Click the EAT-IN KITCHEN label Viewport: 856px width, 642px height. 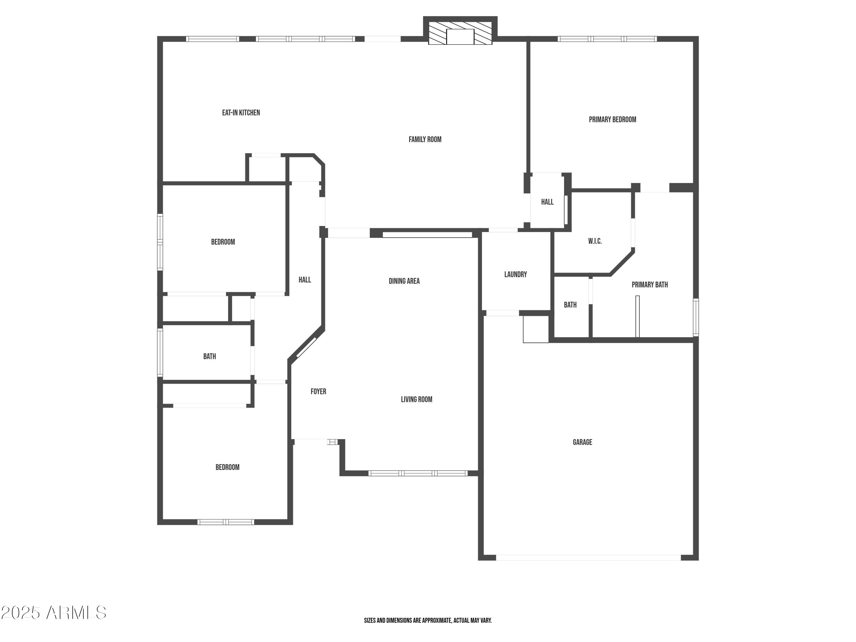pyautogui.click(x=241, y=113)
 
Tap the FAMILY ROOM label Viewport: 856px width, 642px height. pyautogui.click(x=425, y=139)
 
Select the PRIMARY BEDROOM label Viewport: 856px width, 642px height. pyautogui.click(x=612, y=120)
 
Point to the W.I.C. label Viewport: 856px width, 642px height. pyautogui.click(x=595, y=241)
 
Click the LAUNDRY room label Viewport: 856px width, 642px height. pyautogui.click(x=516, y=274)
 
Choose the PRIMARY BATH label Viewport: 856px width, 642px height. pyautogui.click(x=649, y=285)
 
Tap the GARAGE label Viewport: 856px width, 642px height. pyautogui.click(x=582, y=442)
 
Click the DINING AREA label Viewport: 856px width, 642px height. pyautogui.click(x=404, y=281)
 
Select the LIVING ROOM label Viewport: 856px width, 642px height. pyautogui.click(x=416, y=399)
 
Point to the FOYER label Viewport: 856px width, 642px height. pyautogui.click(x=318, y=392)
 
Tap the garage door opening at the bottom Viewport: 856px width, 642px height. pyautogui.click(x=588, y=558)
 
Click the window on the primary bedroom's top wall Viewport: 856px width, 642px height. pyautogui.click(x=607, y=39)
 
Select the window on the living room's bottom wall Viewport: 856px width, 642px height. pyautogui.click(x=418, y=473)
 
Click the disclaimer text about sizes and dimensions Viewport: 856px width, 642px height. pyautogui.click(x=428, y=620)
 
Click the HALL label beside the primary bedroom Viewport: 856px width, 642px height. pyautogui.click(x=547, y=202)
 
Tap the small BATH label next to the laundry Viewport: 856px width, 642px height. pyautogui.click(x=570, y=305)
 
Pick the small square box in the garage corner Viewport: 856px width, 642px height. pyautogui.click(x=536, y=329)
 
